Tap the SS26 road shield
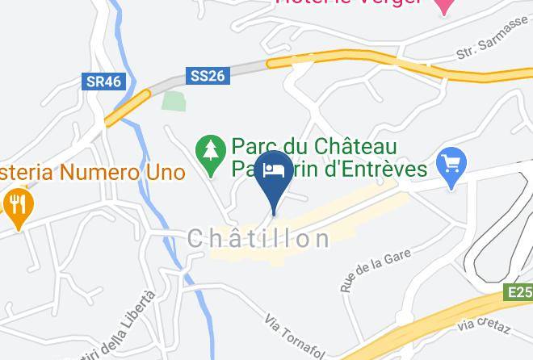(x=208, y=76)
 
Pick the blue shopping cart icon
(x=452, y=165)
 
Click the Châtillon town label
(x=258, y=238)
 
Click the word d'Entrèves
(x=371, y=170)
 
